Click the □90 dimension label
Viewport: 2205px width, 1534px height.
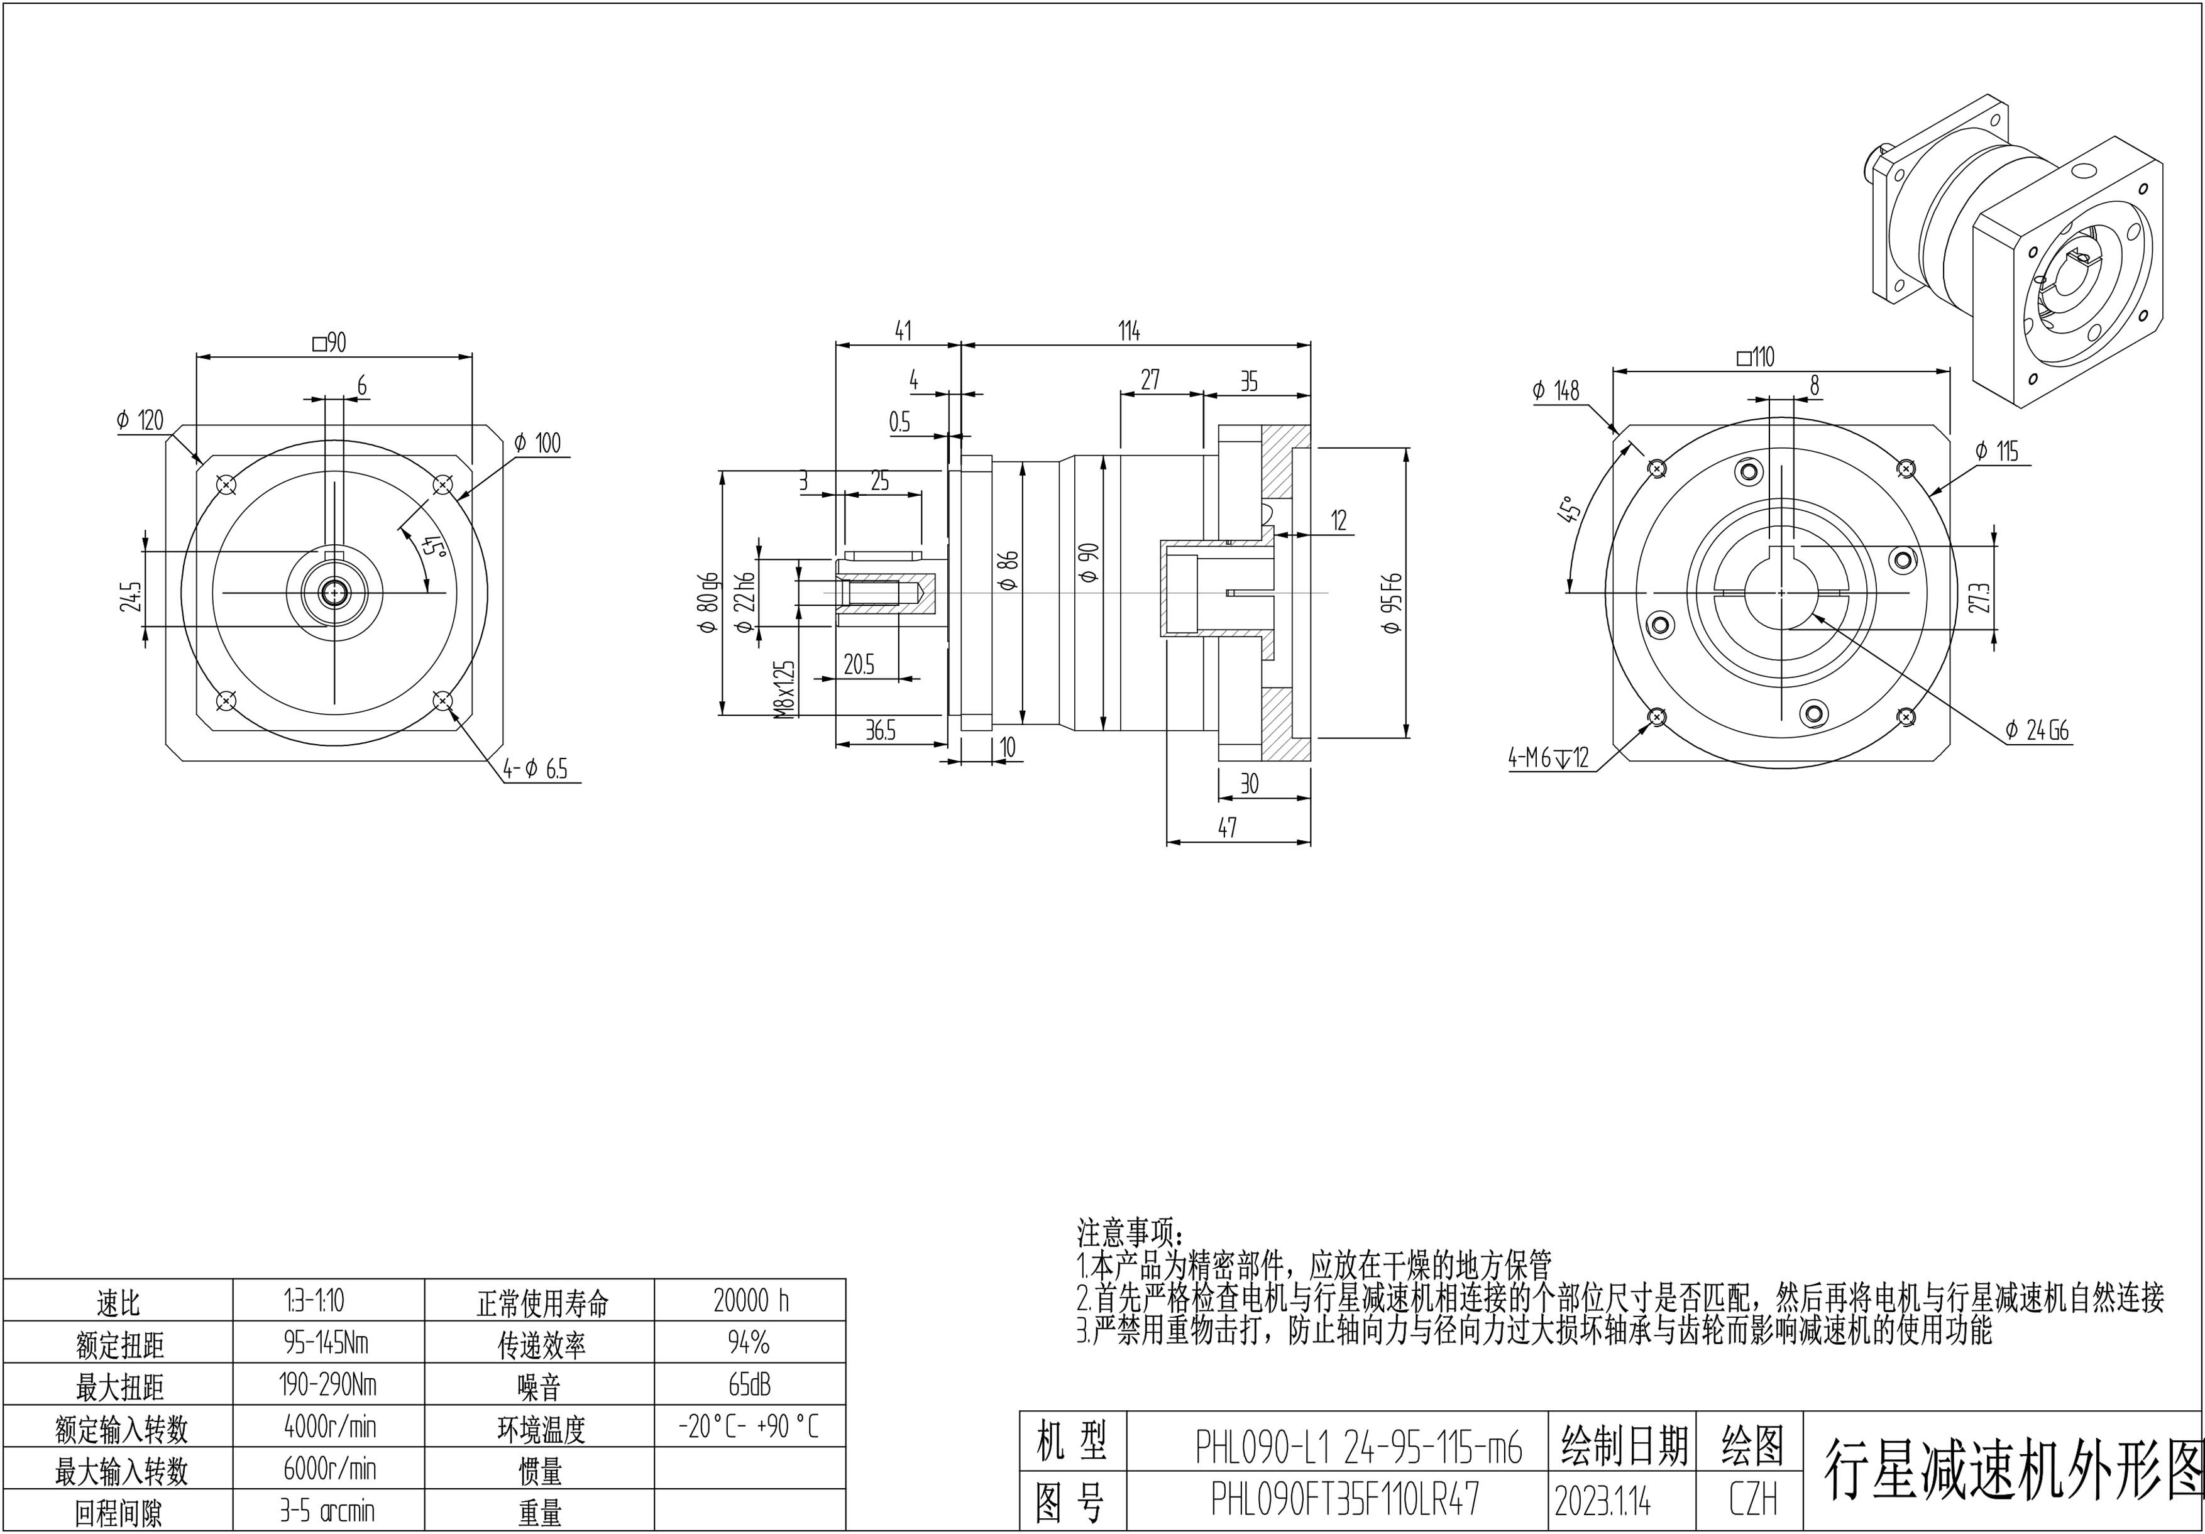(x=329, y=342)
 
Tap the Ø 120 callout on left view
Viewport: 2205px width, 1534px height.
(x=140, y=420)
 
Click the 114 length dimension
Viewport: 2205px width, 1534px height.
(x=1128, y=331)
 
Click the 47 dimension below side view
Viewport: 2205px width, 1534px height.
(x=1228, y=828)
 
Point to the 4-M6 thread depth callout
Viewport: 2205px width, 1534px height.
(x=1548, y=759)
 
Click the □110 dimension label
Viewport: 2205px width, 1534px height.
(x=1756, y=357)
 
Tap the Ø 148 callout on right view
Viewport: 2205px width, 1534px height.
(x=1556, y=391)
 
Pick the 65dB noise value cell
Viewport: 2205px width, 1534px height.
(x=750, y=1384)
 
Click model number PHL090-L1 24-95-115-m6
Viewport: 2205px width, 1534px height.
(x=1358, y=1447)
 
